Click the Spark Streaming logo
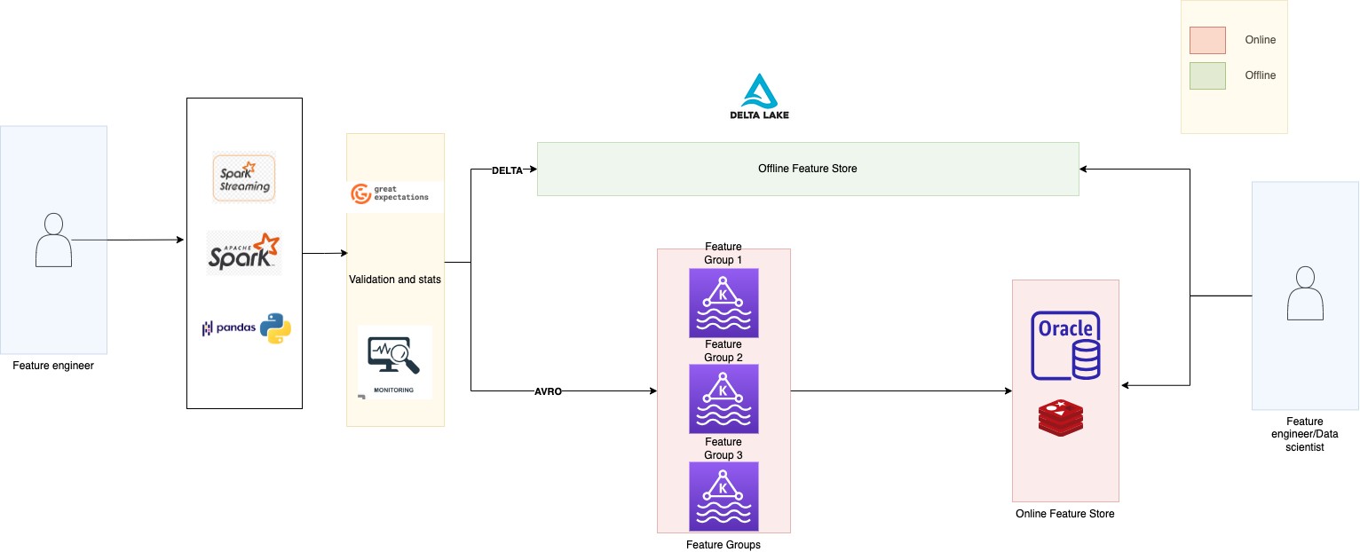click(x=244, y=177)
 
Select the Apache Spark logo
click(x=244, y=253)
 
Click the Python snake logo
click(x=276, y=328)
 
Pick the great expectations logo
click(x=390, y=193)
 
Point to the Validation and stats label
click(x=395, y=280)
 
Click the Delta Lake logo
click(x=760, y=97)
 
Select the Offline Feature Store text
click(x=808, y=169)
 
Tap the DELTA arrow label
click(x=507, y=170)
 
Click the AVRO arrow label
click(x=548, y=391)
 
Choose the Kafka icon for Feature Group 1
click(x=723, y=303)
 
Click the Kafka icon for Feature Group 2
click(x=723, y=399)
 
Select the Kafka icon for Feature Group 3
click(x=723, y=497)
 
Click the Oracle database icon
click(x=1065, y=345)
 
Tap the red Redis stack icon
click(x=1061, y=418)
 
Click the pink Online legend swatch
click(x=1207, y=40)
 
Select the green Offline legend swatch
click(x=1207, y=76)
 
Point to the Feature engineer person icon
click(x=53, y=240)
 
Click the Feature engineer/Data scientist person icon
click(x=1305, y=293)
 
